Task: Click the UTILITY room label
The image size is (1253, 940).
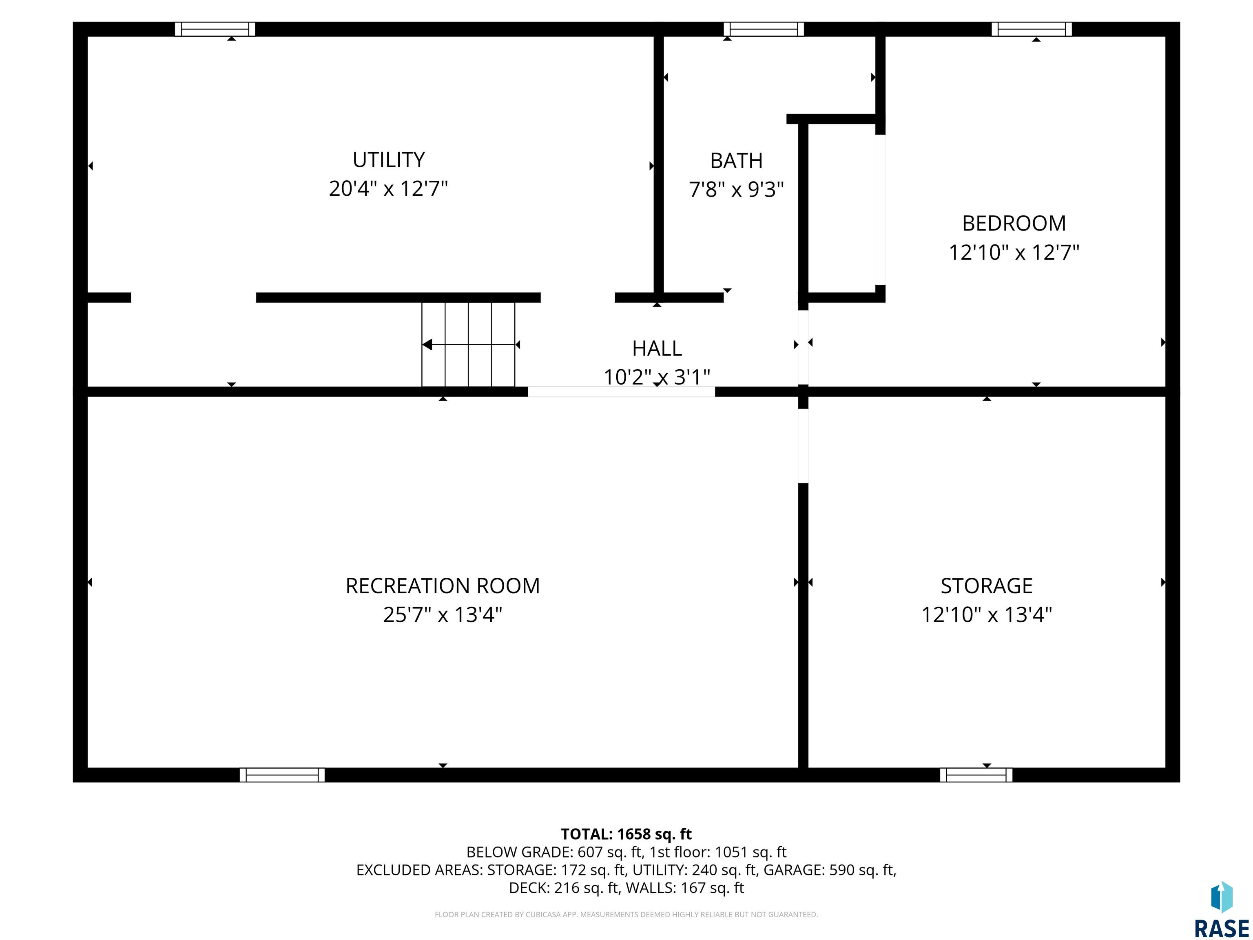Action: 389,160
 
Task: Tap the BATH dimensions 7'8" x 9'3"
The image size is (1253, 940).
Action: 736,189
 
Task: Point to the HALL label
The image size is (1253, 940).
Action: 657,348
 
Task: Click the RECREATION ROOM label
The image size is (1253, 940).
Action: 443,586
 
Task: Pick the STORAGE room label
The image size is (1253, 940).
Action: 987,586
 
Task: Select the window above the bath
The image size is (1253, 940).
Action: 764,29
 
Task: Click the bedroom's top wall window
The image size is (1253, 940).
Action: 1032,29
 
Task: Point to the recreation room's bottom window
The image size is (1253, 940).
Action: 282,775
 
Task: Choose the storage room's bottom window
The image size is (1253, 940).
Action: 976,775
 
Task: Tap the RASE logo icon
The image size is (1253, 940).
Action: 1222,898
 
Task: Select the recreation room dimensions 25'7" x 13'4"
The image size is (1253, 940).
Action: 443,615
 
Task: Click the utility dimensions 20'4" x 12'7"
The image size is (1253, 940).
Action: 389,188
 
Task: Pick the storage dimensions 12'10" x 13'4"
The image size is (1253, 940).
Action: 987,615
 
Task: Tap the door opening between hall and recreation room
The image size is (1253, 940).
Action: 622,392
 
